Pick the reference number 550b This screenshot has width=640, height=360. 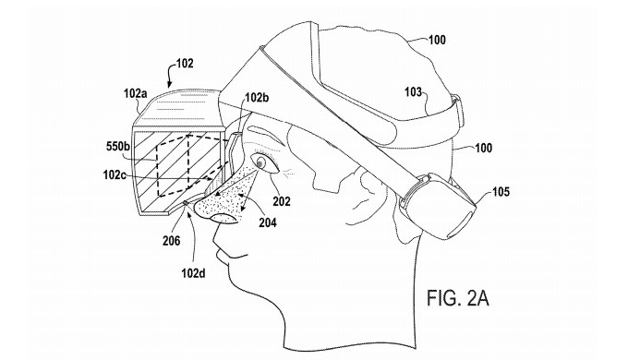[118, 147]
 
